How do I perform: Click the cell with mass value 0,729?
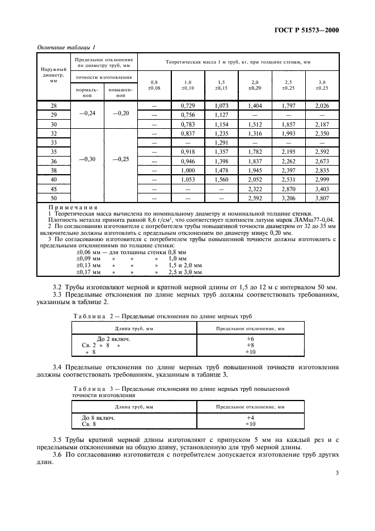click(188, 106)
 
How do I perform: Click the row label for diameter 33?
click(54, 142)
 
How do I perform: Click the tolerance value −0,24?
click(87, 113)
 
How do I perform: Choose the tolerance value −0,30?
click(87, 160)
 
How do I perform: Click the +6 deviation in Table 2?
click(250, 338)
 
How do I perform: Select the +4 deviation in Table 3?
click(250, 417)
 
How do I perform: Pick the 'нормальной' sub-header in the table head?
click(87, 92)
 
